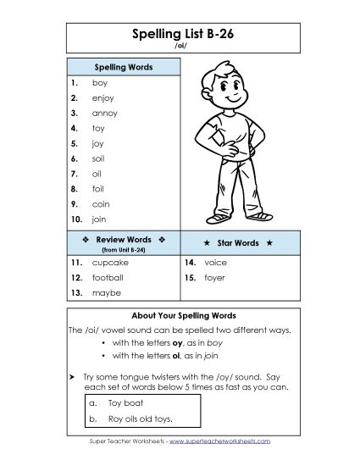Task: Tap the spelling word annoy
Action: [105, 113]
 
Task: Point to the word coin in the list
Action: [102, 203]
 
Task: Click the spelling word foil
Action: [98, 188]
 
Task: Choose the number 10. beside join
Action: [75, 219]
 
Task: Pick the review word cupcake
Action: [109, 263]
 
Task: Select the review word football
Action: [108, 277]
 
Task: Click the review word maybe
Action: [106, 292]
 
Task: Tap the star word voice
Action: [216, 263]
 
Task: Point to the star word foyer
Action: [215, 277]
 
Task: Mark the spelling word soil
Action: [98, 158]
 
